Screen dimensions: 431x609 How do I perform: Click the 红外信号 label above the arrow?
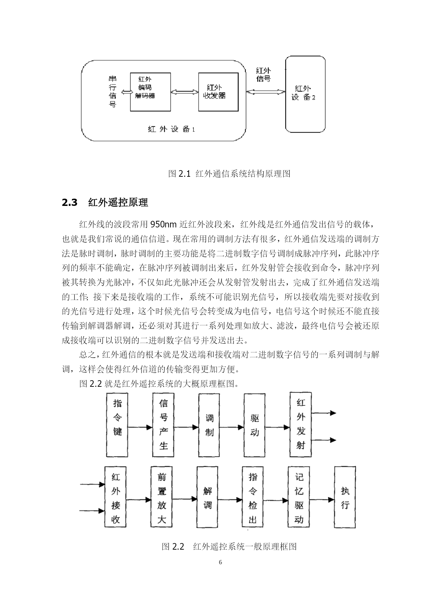click(263, 74)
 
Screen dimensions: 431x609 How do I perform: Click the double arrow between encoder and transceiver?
click(184, 92)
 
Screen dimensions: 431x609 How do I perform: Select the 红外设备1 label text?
click(171, 129)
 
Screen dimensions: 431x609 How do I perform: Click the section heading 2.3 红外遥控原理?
click(105, 202)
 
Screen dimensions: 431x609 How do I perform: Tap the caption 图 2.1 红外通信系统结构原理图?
click(229, 174)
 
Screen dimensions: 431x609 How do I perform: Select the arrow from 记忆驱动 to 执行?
click(322, 500)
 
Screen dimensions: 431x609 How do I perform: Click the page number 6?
click(220, 562)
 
